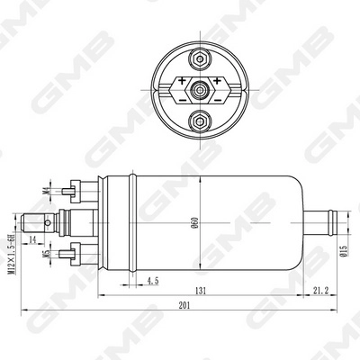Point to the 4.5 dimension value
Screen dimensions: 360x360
tap(154, 281)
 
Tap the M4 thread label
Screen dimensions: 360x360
tap(48, 189)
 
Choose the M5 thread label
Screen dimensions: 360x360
tap(48, 253)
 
